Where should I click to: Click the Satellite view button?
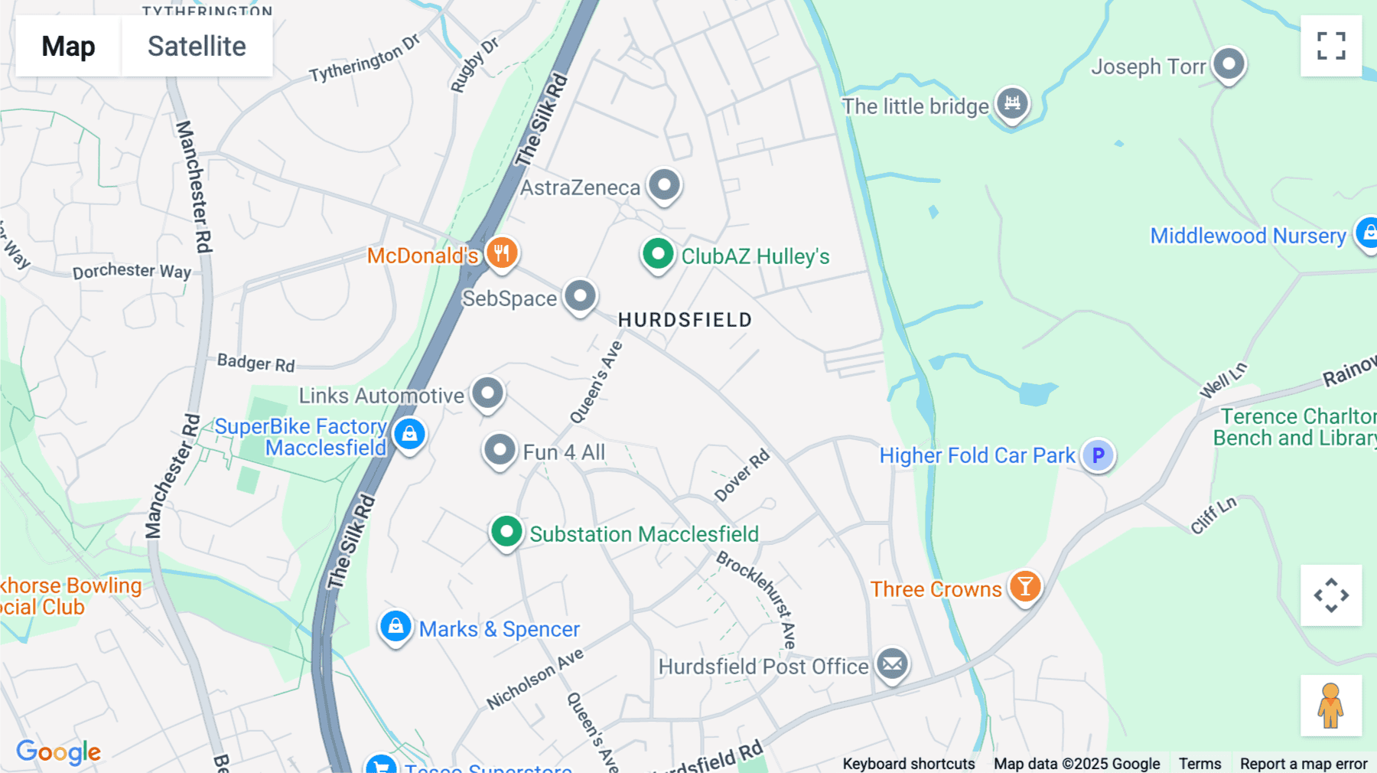pos(197,46)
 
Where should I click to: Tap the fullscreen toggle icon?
pos(1331,46)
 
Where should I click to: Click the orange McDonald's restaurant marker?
pos(502,253)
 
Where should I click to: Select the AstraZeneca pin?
pos(664,185)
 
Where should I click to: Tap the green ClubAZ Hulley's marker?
pos(657,254)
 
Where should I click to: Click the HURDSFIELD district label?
pos(685,320)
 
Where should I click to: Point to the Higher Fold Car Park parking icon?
pos(1098,455)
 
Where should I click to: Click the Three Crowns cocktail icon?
pos(1025,588)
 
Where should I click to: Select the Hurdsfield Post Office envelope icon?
pos(892,664)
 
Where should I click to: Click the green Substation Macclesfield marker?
pos(506,532)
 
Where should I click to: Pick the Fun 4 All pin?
pos(500,451)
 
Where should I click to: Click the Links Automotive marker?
pos(487,394)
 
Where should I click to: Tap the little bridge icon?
pos(1012,103)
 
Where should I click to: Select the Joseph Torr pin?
pos(1229,64)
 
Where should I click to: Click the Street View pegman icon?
pos(1331,706)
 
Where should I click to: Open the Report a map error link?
pos(1304,764)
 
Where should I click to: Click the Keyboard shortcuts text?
pos(909,764)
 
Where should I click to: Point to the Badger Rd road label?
pos(256,363)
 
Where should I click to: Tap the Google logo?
pos(58,752)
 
